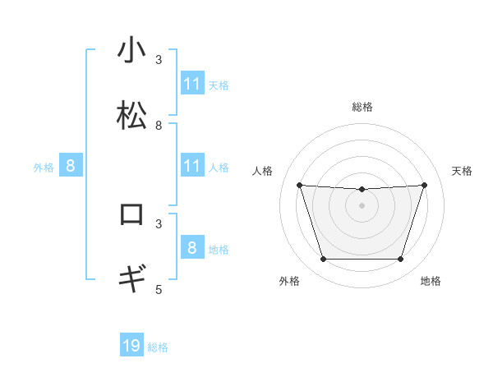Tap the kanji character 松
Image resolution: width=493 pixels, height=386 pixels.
click(131, 115)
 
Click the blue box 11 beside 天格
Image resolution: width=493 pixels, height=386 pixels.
click(191, 84)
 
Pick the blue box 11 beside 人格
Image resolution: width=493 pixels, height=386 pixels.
click(191, 166)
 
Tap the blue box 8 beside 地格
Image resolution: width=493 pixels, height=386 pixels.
click(191, 247)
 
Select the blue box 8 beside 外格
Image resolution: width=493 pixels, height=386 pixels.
click(71, 166)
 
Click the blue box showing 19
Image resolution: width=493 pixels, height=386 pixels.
click(131, 346)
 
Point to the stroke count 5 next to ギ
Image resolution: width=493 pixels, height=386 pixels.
click(159, 289)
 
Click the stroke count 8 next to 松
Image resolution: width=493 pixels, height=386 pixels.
click(159, 125)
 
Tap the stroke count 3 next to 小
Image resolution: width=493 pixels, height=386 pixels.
click(159, 59)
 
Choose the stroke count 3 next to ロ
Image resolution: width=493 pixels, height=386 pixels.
click(159, 223)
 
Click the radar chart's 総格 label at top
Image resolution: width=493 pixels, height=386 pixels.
click(362, 107)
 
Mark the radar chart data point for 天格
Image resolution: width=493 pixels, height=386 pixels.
click(424, 185)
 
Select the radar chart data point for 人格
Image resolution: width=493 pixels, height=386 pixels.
click(299, 185)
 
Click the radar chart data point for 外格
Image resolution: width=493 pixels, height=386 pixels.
click(323, 260)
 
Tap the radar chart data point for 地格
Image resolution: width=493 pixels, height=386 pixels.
click(400, 260)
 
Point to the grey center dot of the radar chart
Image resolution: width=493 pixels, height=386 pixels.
click(362, 205)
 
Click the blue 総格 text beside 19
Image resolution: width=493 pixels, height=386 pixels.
click(158, 347)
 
